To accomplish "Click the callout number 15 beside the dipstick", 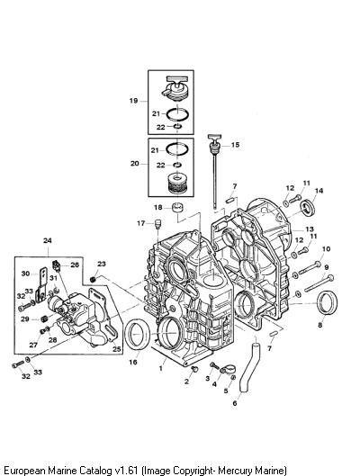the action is click(x=235, y=145).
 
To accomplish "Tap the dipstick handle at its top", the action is click(x=214, y=137).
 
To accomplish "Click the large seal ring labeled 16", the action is click(x=138, y=334).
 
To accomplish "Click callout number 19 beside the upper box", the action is click(x=133, y=101).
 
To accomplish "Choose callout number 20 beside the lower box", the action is click(x=134, y=164).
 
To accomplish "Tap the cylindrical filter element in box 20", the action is click(x=177, y=183).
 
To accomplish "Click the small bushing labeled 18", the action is click(x=178, y=209).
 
